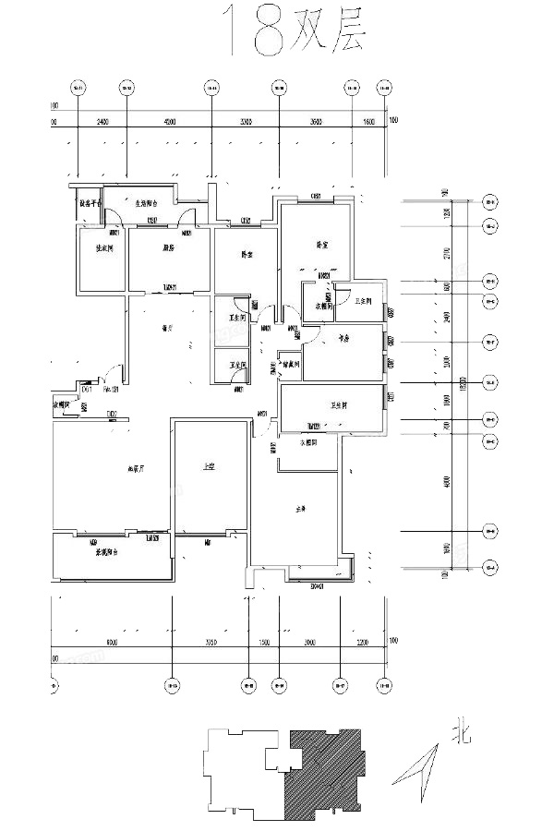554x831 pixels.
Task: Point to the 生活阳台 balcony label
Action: [150, 203]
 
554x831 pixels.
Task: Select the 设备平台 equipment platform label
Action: [89, 204]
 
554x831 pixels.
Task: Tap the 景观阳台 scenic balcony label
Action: [111, 553]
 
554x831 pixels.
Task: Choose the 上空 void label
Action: [210, 467]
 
